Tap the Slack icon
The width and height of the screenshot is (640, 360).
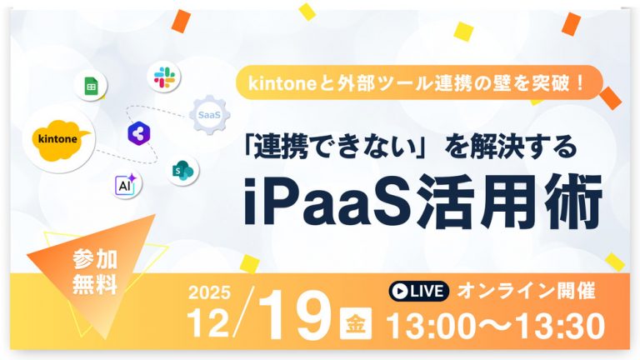pyautogui.click(x=163, y=77)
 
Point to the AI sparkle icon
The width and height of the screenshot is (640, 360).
pyautogui.click(x=127, y=186)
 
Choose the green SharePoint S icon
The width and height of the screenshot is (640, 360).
pyautogui.click(x=180, y=171)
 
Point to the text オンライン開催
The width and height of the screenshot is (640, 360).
pyautogui.click(x=527, y=291)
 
